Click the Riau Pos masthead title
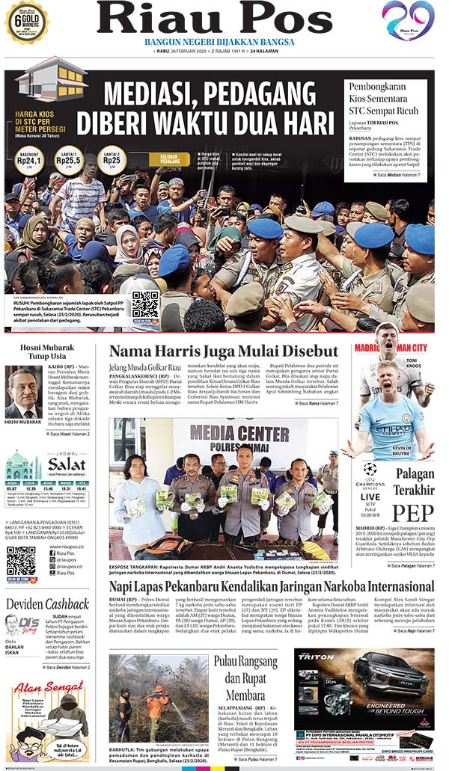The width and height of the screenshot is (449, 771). (214, 18)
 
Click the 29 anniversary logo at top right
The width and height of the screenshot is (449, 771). (408, 20)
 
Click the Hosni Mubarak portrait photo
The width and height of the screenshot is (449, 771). (23, 391)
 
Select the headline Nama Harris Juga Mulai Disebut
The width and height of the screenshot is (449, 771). (224, 351)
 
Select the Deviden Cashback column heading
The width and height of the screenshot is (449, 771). (47, 604)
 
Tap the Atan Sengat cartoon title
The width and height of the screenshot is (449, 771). (46, 686)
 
